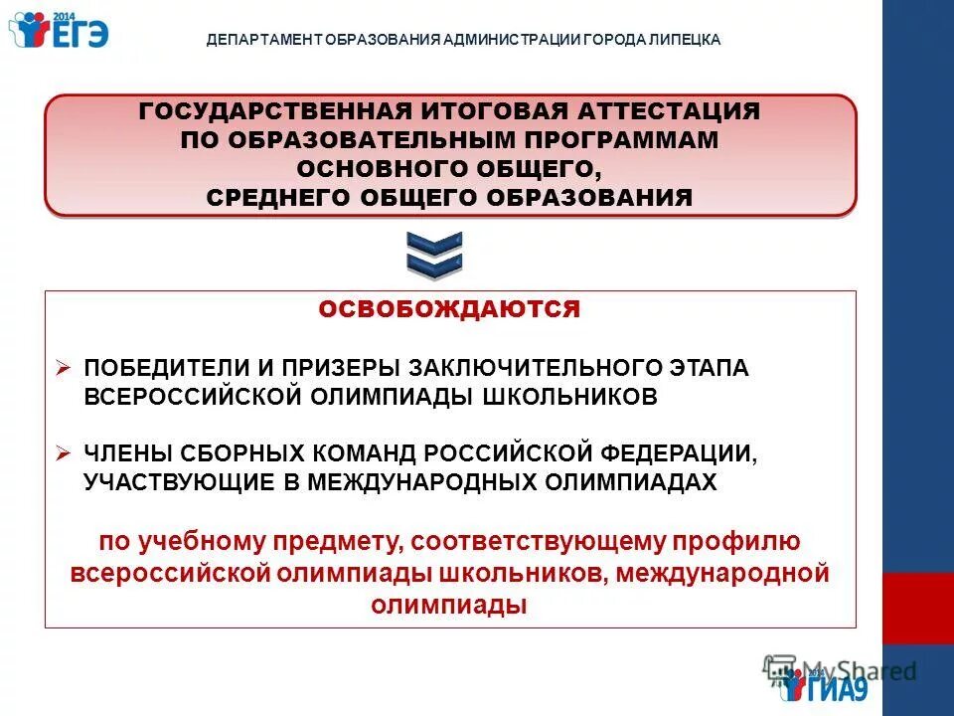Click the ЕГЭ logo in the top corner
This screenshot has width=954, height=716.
coord(58,30)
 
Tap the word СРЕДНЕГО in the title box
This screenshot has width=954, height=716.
coord(270,196)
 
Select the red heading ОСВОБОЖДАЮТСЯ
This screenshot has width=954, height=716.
coord(449,309)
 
